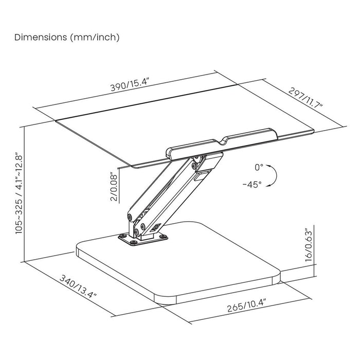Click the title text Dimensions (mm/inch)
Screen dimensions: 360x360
click(x=67, y=38)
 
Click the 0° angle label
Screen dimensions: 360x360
click(x=259, y=167)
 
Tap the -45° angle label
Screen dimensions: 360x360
click(x=252, y=184)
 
